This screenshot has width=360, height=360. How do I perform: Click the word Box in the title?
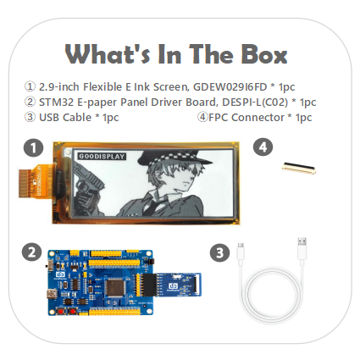point(264,54)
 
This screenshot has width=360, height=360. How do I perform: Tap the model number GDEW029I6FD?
point(230,86)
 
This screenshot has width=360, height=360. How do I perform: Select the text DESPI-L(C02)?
point(255,102)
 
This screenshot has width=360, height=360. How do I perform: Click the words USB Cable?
point(65,117)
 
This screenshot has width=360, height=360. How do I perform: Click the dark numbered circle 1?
point(33,148)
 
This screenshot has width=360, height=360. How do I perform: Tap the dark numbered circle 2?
point(31,252)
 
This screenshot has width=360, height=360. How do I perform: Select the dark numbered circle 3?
point(219,252)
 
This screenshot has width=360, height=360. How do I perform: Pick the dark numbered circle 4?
point(263,147)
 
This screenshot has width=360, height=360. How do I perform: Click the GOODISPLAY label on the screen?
point(102,156)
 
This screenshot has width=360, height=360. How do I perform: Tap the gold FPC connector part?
point(299,169)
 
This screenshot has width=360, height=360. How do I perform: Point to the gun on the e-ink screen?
point(88,180)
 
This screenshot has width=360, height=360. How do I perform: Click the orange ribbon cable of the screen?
point(36,183)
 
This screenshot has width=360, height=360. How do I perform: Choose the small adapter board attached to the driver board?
point(179,285)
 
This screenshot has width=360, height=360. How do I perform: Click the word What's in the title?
point(108,54)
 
